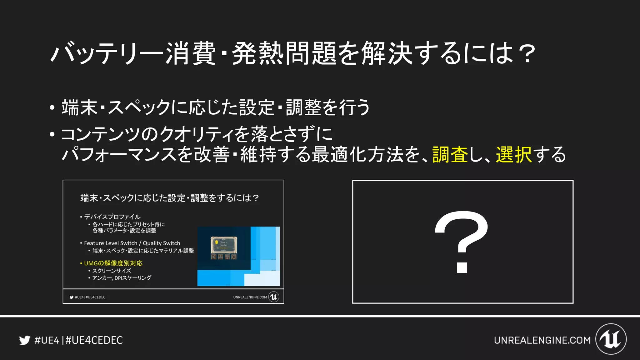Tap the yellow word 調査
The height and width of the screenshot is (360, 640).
pyautogui.click(x=450, y=155)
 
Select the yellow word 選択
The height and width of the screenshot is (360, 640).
pyautogui.click(x=514, y=155)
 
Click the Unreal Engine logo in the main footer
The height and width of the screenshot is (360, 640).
pyautogui.click(x=611, y=339)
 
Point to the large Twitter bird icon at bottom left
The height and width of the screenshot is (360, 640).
pyautogui.click(x=25, y=340)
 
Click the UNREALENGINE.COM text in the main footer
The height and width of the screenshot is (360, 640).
pyautogui.click(x=542, y=340)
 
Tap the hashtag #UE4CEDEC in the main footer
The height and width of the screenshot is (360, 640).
pyautogui.click(x=94, y=340)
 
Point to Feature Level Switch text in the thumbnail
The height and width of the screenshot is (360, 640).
pyautogui.click(x=111, y=243)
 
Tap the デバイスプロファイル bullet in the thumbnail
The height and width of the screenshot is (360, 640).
pyautogui.click(x=112, y=217)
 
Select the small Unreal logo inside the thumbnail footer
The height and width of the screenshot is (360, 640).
pyautogui.click(x=274, y=297)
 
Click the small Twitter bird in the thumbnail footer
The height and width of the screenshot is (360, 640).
pyautogui.click(x=72, y=297)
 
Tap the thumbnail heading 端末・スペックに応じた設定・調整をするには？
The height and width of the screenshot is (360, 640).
pyautogui.click(x=170, y=198)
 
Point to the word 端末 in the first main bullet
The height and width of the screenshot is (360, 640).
pyautogui.click(x=79, y=107)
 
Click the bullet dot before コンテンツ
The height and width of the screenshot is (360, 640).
pyautogui.click(x=52, y=135)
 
